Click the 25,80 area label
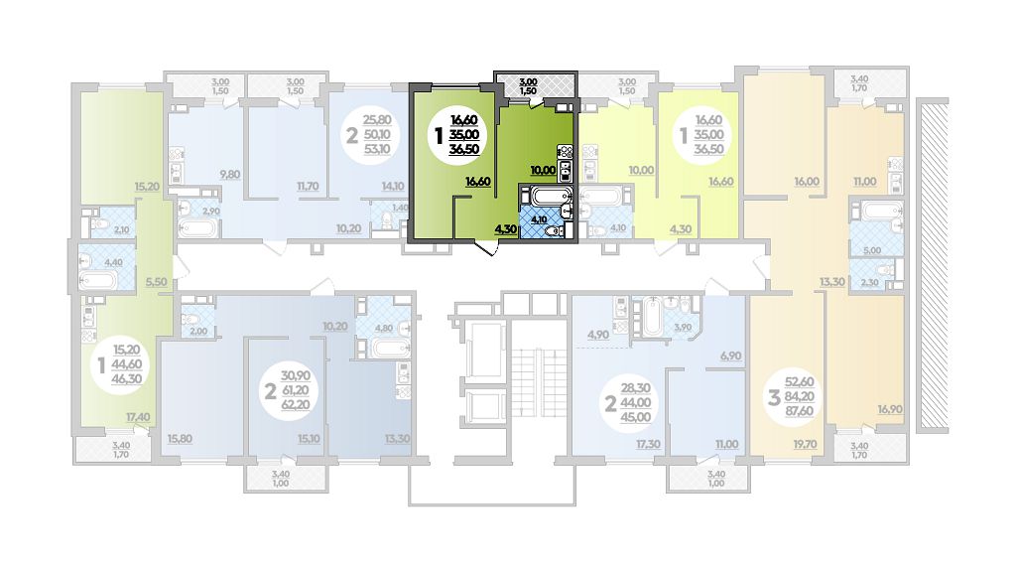click(376, 120)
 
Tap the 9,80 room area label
click(229, 174)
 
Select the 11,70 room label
click(308, 186)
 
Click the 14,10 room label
click(393, 186)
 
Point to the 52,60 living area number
click(799, 382)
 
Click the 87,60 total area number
click(799, 411)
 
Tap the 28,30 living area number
click(636, 388)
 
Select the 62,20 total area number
click(296, 405)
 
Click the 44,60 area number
click(127, 364)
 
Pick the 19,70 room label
click(805, 444)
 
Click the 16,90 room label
click(890, 409)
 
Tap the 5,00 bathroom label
click(872, 250)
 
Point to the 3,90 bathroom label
click(683, 328)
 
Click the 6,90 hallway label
click(731, 357)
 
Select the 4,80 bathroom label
click(384, 328)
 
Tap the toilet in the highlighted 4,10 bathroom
click(553, 231)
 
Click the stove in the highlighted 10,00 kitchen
click(565, 152)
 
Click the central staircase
click(539, 377)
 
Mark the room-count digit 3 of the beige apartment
click(774, 397)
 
